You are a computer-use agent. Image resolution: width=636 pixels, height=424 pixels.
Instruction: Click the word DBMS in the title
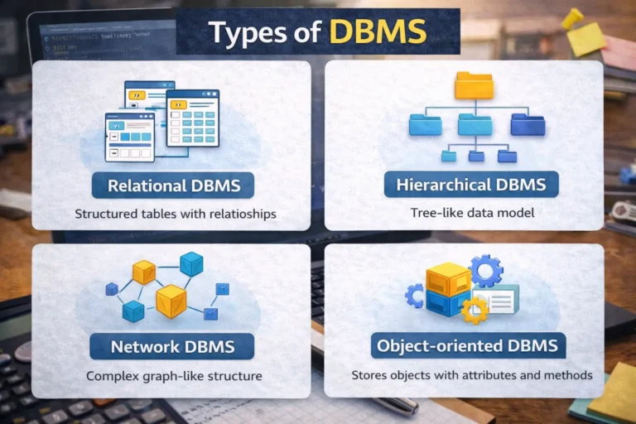pos(378,32)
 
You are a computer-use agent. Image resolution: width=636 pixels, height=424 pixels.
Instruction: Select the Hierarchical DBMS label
pos(470,184)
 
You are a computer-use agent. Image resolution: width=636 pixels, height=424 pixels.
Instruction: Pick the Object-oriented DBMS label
pos(469,345)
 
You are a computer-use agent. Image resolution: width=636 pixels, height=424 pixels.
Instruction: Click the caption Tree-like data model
pos(464,213)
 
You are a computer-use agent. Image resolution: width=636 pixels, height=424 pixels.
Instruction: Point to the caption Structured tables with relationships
pos(175,214)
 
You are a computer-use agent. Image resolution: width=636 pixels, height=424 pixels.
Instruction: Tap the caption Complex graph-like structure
pos(174,376)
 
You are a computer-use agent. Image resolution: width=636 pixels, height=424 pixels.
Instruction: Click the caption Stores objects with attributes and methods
pos(471,375)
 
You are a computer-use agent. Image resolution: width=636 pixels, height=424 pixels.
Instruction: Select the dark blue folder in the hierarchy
pos(528,124)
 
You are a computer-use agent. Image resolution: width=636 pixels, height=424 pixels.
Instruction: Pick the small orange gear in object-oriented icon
pos(474,310)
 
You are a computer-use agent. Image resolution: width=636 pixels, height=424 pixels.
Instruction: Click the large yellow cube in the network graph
pos(171,300)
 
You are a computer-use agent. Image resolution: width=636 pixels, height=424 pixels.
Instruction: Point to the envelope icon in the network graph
pos(222,288)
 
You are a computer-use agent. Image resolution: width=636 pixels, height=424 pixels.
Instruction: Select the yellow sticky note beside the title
pos(585,39)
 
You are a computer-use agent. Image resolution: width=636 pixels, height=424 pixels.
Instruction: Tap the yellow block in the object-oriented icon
pos(447,280)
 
